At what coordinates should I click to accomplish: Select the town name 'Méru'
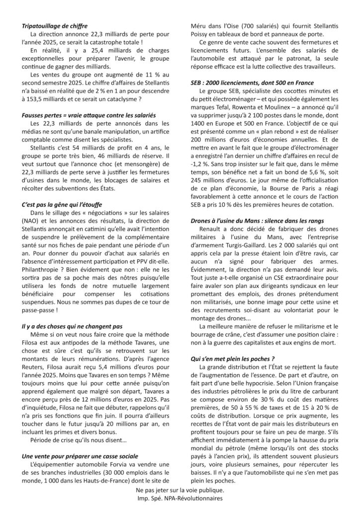pos(201,25)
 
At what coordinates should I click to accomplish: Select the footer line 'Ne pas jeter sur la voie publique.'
pos(180,490)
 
